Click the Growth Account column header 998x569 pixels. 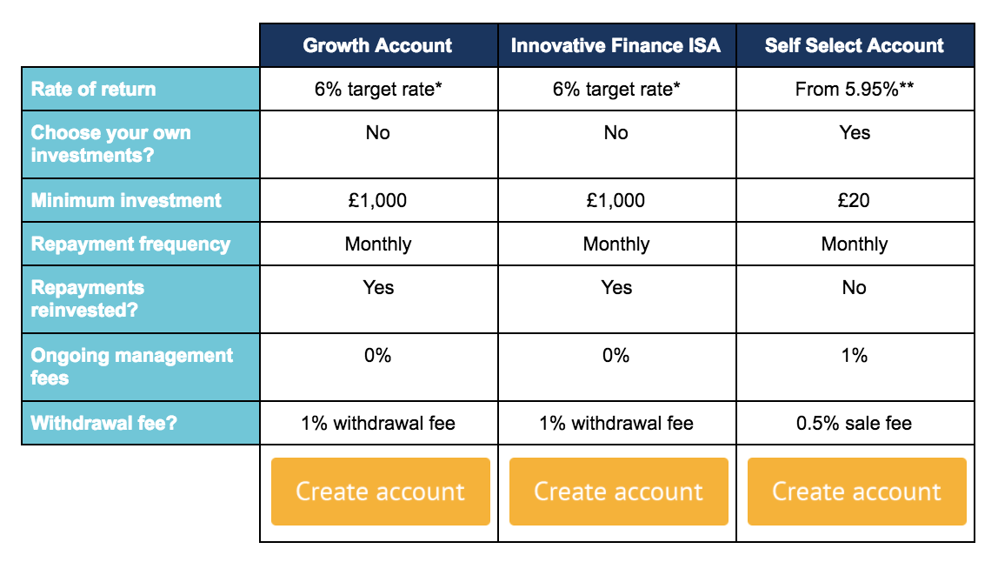click(x=378, y=45)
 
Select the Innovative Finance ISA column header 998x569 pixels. click(x=616, y=45)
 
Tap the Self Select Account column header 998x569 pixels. click(x=855, y=45)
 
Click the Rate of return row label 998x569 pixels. click(x=141, y=90)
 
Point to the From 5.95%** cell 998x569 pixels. click(x=855, y=90)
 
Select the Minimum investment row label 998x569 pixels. click(x=141, y=200)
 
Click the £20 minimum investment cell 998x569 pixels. click(x=855, y=200)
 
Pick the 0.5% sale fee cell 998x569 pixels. click(x=855, y=423)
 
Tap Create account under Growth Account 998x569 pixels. click(x=381, y=492)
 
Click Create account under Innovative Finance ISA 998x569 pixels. click(x=619, y=492)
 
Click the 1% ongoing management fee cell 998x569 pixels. click(x=855, y=367)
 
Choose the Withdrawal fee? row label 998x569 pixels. click(x=141, y=423)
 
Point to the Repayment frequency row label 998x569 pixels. click(x=141, y=244)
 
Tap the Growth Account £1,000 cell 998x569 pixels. click(x=378, y=200)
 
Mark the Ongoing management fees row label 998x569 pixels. click(x=141, y=367)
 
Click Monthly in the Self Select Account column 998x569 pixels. click(x=855, y=244)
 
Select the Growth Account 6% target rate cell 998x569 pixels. click(x=378, y=90)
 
